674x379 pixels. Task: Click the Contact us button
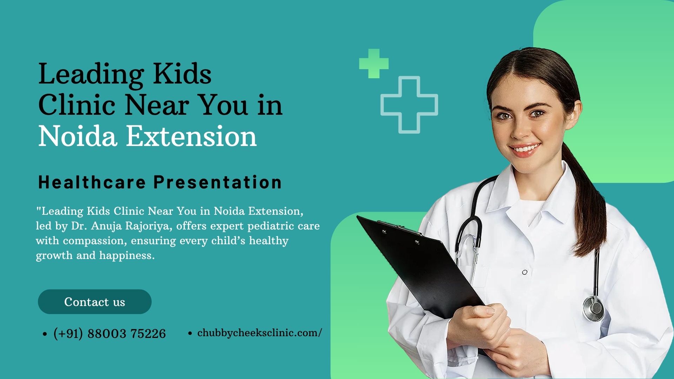tap(95, 302)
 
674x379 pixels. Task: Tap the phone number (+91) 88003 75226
tap(110, 333)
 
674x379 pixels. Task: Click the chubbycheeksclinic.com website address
tap(260, 333)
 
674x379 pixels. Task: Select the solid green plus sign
tap(374, 64)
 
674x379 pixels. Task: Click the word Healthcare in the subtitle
tap(92, 182)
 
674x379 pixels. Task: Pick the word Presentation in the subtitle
tap(218, 182)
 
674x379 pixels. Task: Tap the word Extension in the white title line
tap(191, 136)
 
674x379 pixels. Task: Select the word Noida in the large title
tap(77, 136)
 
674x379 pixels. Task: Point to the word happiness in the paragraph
tap(127, 256)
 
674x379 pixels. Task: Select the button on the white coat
tap(524, 272)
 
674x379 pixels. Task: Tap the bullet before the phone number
tap(45, 334)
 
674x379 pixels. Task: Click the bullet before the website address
tap(190, 333)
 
